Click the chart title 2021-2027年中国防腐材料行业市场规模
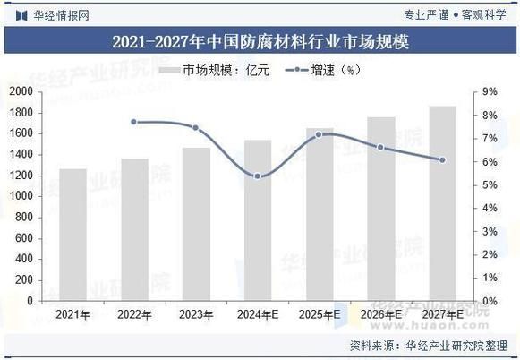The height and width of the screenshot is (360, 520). click(260, 41)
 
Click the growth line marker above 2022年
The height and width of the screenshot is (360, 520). click(134, 122)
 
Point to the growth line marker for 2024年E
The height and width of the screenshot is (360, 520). click(258, 176)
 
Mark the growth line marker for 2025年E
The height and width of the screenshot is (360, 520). click(320, 134)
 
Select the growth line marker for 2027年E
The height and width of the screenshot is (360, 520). click(442, 160)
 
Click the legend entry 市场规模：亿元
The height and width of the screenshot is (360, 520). click(216, 69)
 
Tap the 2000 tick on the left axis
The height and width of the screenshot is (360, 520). click(20, 91)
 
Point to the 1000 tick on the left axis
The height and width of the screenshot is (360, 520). click(20, 196)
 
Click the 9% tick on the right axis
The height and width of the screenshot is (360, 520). click(490, 91)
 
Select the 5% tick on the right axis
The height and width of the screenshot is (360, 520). click(490, 184)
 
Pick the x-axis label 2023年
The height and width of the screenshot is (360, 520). click(196, 314)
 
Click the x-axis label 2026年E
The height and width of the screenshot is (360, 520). click(381, 314)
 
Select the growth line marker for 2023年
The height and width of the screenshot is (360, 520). click(196, 128)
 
